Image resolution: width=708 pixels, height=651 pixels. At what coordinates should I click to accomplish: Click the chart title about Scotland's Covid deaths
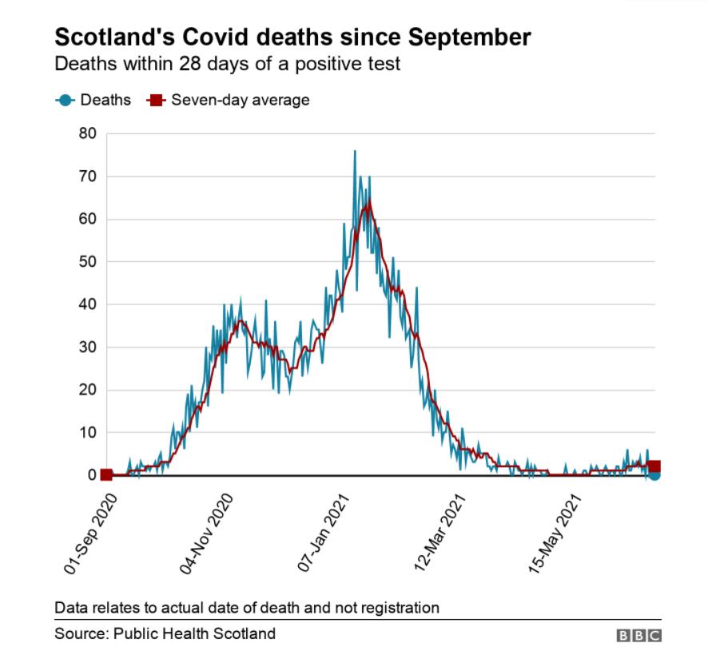tap(292, 37)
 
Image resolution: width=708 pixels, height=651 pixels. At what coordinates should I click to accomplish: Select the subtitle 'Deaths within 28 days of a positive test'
tap(227, 62)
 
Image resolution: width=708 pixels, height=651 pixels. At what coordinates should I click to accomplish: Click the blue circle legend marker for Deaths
tap(66, 101)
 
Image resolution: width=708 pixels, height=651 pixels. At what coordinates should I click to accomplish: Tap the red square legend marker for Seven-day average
tap(156, 101)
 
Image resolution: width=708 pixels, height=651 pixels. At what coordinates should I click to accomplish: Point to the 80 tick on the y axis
tap(87, 133)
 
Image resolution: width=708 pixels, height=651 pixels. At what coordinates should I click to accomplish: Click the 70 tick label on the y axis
tap(87, 177)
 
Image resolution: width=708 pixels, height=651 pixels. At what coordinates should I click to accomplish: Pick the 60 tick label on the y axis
tap(87, 219)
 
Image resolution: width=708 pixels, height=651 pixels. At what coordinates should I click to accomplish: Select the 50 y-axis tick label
tap(87, 262)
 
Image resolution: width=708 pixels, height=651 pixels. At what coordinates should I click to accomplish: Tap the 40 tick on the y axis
tap(87, 304)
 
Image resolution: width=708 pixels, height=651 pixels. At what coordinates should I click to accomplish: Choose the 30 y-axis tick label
tap(87, 347)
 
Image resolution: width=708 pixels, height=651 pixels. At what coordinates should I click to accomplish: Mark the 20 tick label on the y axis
tap(87, 390)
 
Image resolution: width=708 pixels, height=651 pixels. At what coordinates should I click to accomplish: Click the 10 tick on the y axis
tap(87, 433)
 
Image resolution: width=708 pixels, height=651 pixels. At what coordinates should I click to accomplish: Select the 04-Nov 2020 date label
tap(207, 532)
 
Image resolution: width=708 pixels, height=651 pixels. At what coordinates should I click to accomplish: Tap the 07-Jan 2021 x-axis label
tap(325, 532)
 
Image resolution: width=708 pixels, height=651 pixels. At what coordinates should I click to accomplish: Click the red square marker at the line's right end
tap(654, 467)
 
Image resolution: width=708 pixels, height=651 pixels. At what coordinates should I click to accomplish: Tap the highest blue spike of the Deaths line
tap(355, 151)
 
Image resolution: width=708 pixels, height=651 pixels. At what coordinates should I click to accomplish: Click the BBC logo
tap(638, 635)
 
